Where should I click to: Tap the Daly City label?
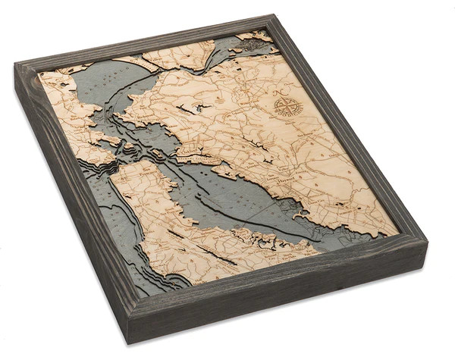140,199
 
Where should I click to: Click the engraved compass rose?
286,105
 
